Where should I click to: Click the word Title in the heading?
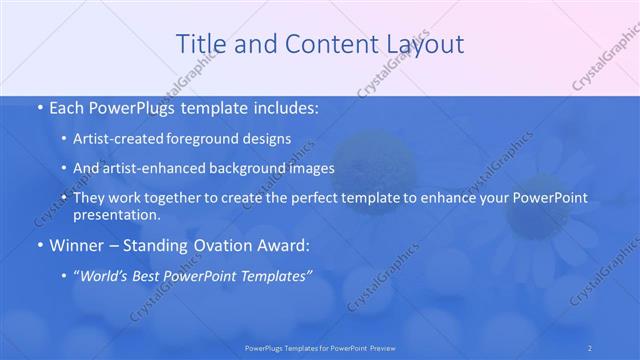198,44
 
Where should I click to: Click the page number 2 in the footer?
589,347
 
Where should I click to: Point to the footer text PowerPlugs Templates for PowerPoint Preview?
319,347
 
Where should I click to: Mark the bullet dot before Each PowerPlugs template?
38,105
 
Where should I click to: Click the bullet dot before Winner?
38,244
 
